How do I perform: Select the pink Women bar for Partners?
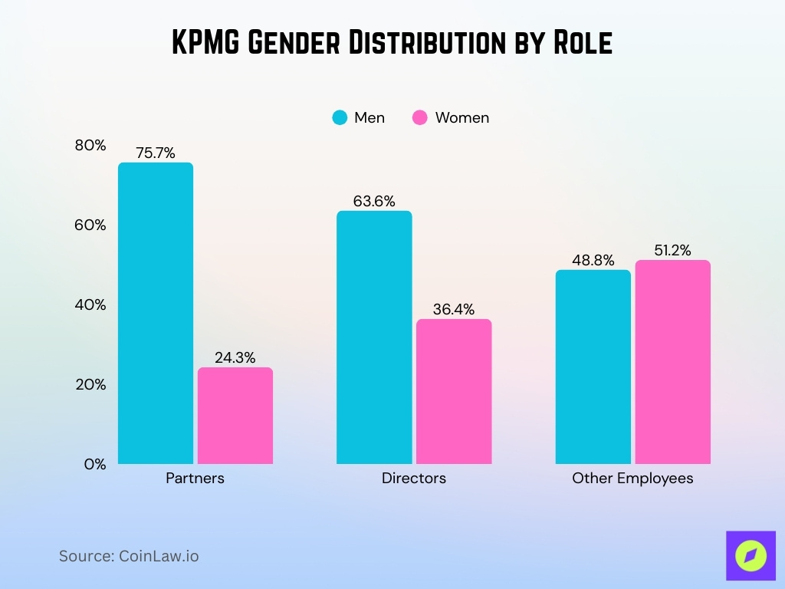235,416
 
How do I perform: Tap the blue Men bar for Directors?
374,337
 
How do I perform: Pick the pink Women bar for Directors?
453,391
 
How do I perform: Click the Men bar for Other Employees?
593,367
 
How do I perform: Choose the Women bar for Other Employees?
672,362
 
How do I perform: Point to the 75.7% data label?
156,153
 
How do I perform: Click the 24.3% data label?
235,357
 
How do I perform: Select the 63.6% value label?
374,201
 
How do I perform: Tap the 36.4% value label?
453,310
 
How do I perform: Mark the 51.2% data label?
672,250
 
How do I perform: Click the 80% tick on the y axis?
90,145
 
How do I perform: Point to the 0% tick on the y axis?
95,464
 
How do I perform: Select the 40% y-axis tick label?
90,304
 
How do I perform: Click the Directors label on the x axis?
414,478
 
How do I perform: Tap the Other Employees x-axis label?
632,478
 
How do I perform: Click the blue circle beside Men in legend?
340,117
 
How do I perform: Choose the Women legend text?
461,117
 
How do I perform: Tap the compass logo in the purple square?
750,555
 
